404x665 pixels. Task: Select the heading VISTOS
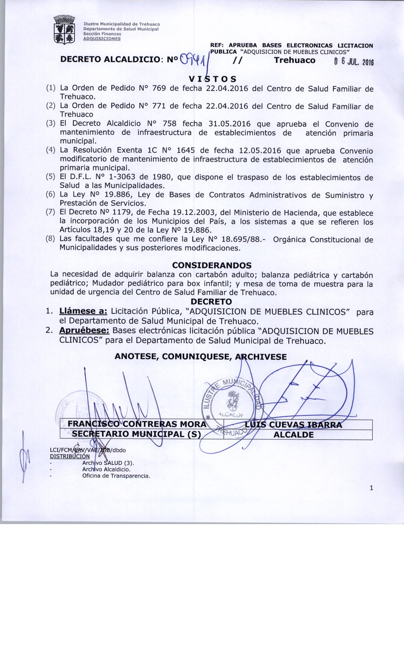pyautogui.click(x=212, y=78)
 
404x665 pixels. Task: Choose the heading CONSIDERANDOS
pyautogui.click(x=212, y=265)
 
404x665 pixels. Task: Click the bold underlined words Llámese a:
pyautogui.click(x=84, y=311)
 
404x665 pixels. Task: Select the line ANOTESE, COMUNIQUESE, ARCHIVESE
pyautogui.click(x=201, y=357)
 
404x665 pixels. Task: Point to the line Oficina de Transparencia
pyautogui.click(x=116, y=476)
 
